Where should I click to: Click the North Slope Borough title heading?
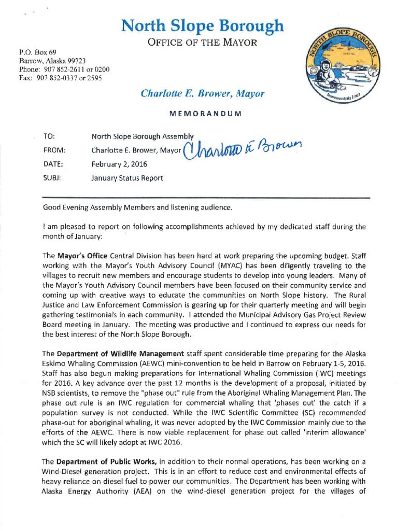tap(202, 25)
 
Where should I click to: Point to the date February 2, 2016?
tap(119, 164)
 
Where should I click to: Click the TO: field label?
tap(50, 137)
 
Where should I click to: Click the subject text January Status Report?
tap(127, 178)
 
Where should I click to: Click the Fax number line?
tap(60, 78)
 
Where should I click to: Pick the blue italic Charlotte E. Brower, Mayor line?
tap(202, 94)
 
